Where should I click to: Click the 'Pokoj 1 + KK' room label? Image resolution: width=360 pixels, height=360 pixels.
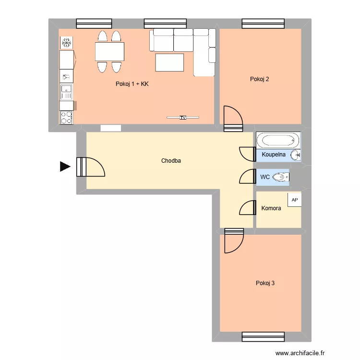(x=132, y=84)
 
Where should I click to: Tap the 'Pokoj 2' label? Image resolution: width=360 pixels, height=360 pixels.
(x=259, y=79)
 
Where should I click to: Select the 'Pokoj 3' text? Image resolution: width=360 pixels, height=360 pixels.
(x=265, y=283)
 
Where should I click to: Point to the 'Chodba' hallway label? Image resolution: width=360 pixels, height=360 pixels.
(x=171, y=161)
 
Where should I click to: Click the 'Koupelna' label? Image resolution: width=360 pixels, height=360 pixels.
(x=274, y=155)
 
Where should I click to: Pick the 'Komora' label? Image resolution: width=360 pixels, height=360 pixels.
(x=271, y=208)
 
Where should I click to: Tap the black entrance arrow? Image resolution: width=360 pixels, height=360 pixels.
(x=64, y=167)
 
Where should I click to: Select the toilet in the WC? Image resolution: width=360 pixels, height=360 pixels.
(x=280, y=178)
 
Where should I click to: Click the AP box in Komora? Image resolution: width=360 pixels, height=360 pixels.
(x=294, y=200)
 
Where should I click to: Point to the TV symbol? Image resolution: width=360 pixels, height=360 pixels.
(x=182, y=117)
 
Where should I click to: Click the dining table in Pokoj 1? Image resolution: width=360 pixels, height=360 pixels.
(x=109, y=51)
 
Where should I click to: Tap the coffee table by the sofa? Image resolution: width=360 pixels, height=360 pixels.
(x=169, y=62)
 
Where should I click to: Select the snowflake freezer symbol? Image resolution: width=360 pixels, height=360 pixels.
(x=66, y=43)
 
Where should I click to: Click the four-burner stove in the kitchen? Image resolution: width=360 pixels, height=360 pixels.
(x=66, y=118)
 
